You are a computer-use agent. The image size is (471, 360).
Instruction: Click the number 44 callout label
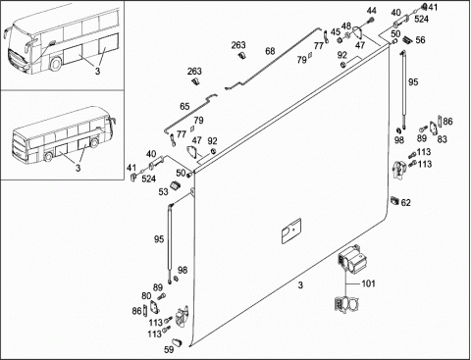[371, 11]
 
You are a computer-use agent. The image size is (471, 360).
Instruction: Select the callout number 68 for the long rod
[270, 51]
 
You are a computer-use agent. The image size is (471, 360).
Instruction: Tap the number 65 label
[184, 107]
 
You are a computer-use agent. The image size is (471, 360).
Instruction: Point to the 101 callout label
[368, 283]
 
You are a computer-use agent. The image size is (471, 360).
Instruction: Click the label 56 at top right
[420, 40]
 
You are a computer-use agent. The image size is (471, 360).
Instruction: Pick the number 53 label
[163, 192]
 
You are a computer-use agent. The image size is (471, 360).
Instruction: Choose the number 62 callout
[405, 203]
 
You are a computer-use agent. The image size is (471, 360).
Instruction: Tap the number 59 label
[169, 349]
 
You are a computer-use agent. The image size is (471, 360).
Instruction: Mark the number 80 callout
[146, 296]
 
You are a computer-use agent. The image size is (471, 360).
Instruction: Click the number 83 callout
[442, 139]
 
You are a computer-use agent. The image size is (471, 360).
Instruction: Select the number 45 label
[336, 32]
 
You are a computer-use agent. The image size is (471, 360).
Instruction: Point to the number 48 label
[346, 26]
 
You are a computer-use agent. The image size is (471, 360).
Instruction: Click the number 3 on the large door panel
[300, 285]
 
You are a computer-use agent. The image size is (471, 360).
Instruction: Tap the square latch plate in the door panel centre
[291, 231]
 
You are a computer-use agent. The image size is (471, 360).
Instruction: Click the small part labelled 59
[178, 342]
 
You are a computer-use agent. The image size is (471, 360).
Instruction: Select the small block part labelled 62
[394, 200]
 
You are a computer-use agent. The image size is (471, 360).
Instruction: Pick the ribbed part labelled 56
[407, 39]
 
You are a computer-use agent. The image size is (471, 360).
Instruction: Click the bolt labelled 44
[371, 21]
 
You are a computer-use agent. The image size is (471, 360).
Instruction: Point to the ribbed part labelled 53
[176, 185]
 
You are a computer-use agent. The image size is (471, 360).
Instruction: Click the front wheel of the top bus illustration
[56, 63]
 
